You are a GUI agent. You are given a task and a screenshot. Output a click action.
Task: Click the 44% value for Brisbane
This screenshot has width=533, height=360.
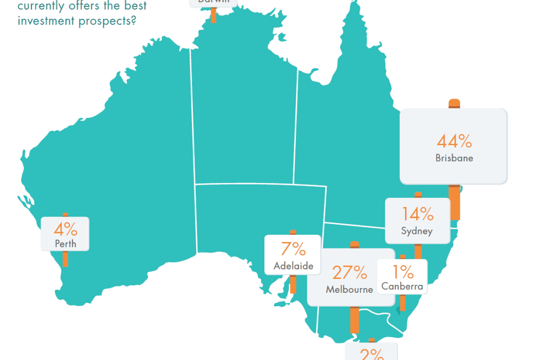point(454,141)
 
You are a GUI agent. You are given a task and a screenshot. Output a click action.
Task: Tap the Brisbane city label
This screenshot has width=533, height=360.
point(454,158)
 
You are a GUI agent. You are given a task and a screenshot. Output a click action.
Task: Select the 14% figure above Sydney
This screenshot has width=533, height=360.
point(418,214)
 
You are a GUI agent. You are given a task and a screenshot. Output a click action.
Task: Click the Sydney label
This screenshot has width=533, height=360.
point(417,231)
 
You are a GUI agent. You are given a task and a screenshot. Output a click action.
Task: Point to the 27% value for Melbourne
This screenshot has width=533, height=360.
point(350,273)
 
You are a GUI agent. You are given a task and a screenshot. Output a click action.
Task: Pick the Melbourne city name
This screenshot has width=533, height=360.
point(350,290)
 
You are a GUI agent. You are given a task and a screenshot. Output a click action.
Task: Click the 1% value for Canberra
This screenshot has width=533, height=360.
point(402,273)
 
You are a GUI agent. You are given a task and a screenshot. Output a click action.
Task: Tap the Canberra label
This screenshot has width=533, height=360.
point(402,287)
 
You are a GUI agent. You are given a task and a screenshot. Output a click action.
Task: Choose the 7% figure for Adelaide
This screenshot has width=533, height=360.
point(293,249)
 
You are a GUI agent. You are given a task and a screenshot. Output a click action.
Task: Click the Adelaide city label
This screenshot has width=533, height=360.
point(293,266)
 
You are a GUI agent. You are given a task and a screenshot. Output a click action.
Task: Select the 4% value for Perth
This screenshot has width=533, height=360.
point(66,230)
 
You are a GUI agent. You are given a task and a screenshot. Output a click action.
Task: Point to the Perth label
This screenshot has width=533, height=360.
point(66,244)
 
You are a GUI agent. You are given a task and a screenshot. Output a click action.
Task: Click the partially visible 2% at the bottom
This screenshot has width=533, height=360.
point(372,355)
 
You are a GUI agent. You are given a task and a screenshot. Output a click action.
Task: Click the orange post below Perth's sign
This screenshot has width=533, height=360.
point(66,259)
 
